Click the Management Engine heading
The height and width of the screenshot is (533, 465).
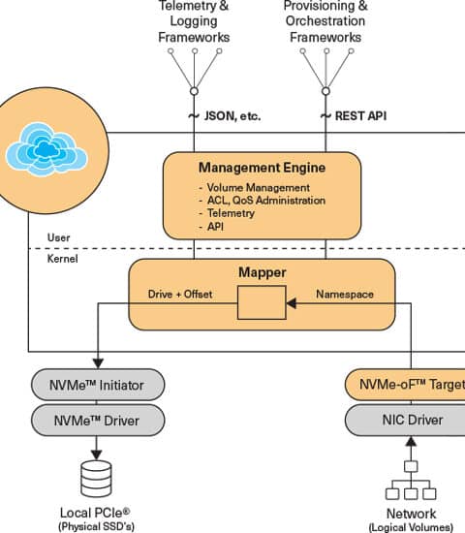[x=262, y=168]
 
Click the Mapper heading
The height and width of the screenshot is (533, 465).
[x=263, y=272]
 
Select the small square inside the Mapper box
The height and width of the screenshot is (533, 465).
[x=262, y=302]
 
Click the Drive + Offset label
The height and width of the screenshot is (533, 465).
[x=180, y=294]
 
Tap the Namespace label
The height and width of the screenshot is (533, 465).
[x=345, y=294]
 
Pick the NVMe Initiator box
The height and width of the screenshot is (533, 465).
[x=98, y=385]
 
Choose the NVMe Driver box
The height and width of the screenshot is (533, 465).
[x=98, y=421]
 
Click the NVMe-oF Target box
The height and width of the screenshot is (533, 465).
[x=405, y=385]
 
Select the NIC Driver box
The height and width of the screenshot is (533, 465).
[x=405, y=420]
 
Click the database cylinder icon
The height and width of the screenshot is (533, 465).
[x=96, y=479]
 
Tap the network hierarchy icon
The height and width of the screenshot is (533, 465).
[x=411, y=481]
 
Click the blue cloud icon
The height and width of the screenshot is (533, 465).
[x=46, y=149]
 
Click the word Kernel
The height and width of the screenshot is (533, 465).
[x=62, y=259]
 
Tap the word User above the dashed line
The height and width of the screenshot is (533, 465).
[x=58, y=237]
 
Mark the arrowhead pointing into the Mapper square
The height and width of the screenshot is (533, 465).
[x=292, y=303]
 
